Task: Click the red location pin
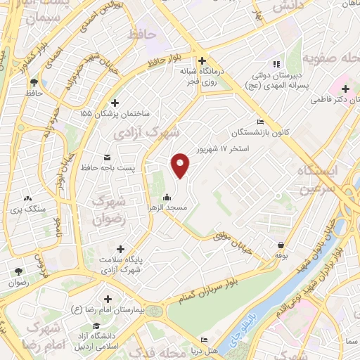coord(181,165)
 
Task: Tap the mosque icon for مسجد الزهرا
coord(167,198)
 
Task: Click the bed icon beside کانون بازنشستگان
coord(261,121)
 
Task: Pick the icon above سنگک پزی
coord(28,200)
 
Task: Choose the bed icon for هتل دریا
coord(204,338)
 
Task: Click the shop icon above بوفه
coord(281,245)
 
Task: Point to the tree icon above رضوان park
coord(18,271)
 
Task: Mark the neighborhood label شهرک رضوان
coord(108,208)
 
